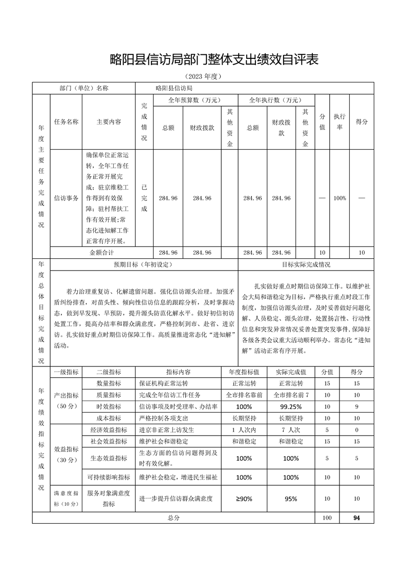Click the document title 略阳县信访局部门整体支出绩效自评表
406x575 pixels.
pos(215,59)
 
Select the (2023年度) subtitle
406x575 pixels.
pos(203,76)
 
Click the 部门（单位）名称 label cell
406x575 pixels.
pos(84,88)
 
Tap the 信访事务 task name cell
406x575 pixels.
pos(66,198)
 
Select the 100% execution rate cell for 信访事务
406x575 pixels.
pos(339,198)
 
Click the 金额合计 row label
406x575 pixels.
pos(102,253)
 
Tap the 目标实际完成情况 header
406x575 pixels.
pos(306,264)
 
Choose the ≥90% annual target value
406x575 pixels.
pos(244,498)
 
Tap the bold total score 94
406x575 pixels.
pos(356,518)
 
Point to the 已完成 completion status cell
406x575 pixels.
pos(144,198)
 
